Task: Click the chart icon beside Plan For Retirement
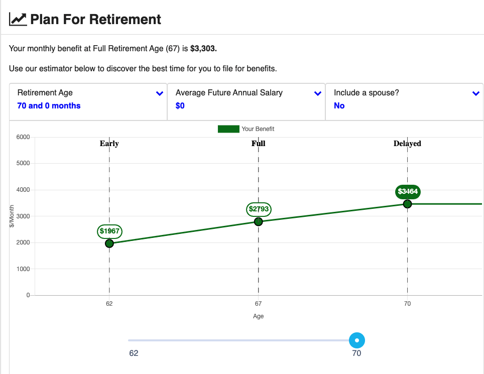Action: tap(18, 19)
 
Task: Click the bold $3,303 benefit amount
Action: tap(203, 49)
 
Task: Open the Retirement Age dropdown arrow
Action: tap(160, 93)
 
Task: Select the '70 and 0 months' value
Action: tap(49, 105)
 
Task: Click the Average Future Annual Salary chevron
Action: tap(318, 93)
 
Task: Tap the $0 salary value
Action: tap(180, 105)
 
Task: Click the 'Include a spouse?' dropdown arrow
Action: tap(475, 93)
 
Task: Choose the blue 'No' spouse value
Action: tap(339, 105)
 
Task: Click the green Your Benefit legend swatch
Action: tap(228, 129)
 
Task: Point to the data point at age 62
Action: tap(109, 243)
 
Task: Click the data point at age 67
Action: tap(259, 221)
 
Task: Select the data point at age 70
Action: tap(408, 204)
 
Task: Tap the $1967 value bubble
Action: tap(109, 231)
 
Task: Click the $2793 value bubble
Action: tap(259, 209)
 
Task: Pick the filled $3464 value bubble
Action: tap(408, 192)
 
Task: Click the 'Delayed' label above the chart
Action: tap(407, 144)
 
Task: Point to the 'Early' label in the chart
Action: tap(109, 144)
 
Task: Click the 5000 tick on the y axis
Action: tap(23, 163)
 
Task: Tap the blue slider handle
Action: tap(357, 340)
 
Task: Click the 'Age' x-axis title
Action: tap(259, 316)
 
